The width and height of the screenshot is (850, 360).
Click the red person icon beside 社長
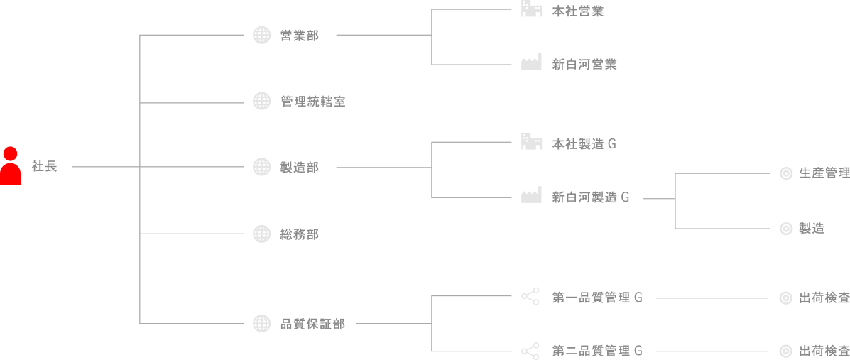pos(11,166)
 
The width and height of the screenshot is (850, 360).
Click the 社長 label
pos(44,167)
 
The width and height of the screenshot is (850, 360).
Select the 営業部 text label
pos(300,36)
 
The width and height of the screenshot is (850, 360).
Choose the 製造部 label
pos(300,168)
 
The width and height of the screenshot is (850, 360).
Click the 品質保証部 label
pos(312,324)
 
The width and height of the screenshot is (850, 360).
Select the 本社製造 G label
pos(584,144)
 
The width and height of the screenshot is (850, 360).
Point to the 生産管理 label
pos(824,173)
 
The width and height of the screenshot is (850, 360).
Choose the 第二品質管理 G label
pos(597,351)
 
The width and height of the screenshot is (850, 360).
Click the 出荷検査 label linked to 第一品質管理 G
pos(824,298)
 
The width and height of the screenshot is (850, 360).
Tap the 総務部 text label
pos(300,234)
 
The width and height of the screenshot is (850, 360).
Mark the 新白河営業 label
pos(584,65)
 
